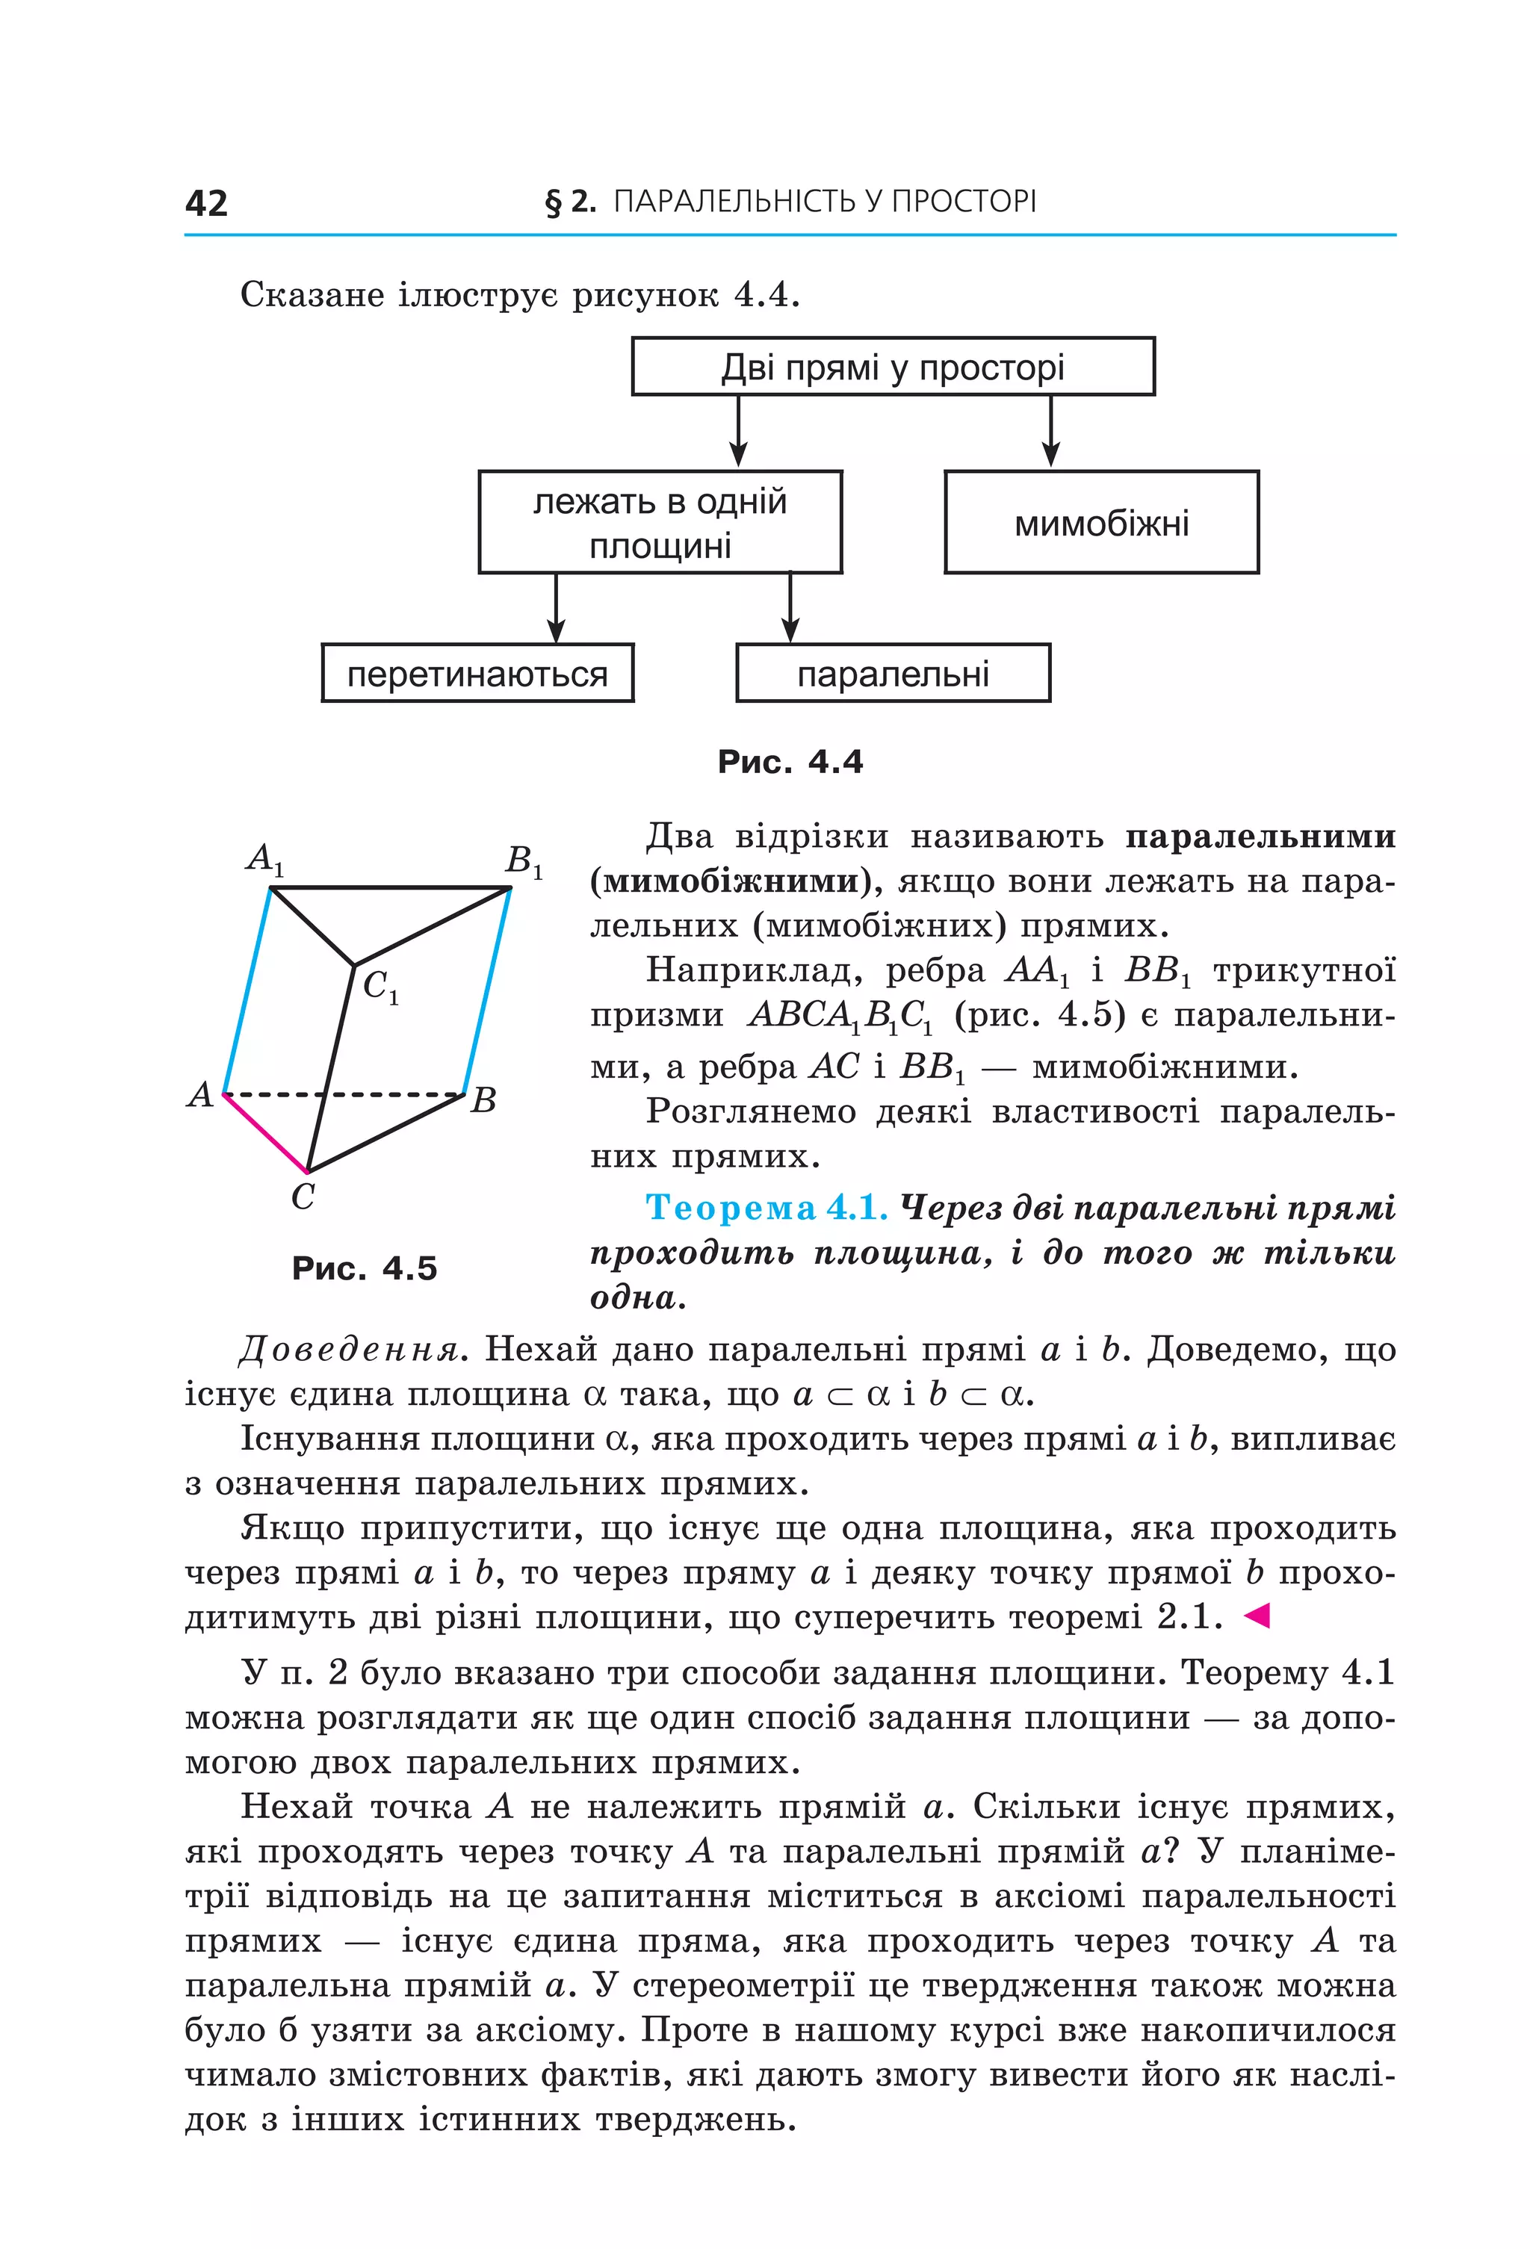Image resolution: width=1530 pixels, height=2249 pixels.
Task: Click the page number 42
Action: (206, 203)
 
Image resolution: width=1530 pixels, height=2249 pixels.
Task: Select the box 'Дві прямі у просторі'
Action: (892, 367)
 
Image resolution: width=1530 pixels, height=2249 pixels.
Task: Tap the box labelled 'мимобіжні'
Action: (1100, 523)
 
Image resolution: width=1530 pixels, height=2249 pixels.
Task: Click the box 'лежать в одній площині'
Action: (660, 523)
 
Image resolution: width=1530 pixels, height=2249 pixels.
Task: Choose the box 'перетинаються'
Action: (477, 674)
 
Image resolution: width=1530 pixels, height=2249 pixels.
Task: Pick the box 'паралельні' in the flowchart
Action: (892, 674)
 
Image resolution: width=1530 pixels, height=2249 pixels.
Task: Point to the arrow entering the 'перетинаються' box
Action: (556, 609)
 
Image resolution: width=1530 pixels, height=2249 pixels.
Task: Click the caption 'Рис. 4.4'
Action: (790, 762)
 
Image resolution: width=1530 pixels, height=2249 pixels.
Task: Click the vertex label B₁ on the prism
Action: (524, 860)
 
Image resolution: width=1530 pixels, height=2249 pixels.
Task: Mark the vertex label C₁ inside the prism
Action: (380, 987)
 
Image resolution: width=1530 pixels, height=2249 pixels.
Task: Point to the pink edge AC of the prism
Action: (265, 1133)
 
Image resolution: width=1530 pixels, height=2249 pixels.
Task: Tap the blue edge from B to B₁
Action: (488, 991)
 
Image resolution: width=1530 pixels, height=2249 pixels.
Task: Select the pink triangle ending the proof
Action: (1255, 1615)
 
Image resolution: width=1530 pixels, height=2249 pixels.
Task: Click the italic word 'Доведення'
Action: (348, 1349)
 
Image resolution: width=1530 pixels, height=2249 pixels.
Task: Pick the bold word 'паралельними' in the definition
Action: (1260, 836)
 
